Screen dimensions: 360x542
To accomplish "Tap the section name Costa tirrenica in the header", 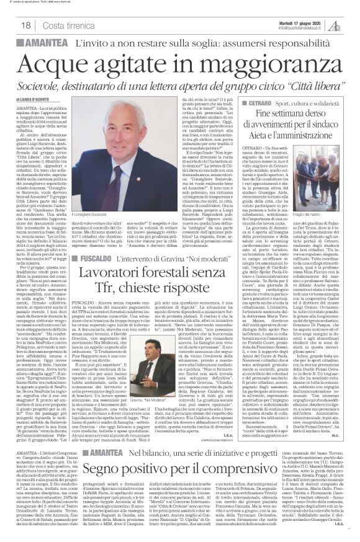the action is [x=67, y=25].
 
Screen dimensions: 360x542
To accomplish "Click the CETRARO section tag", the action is [x=250, y=99].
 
